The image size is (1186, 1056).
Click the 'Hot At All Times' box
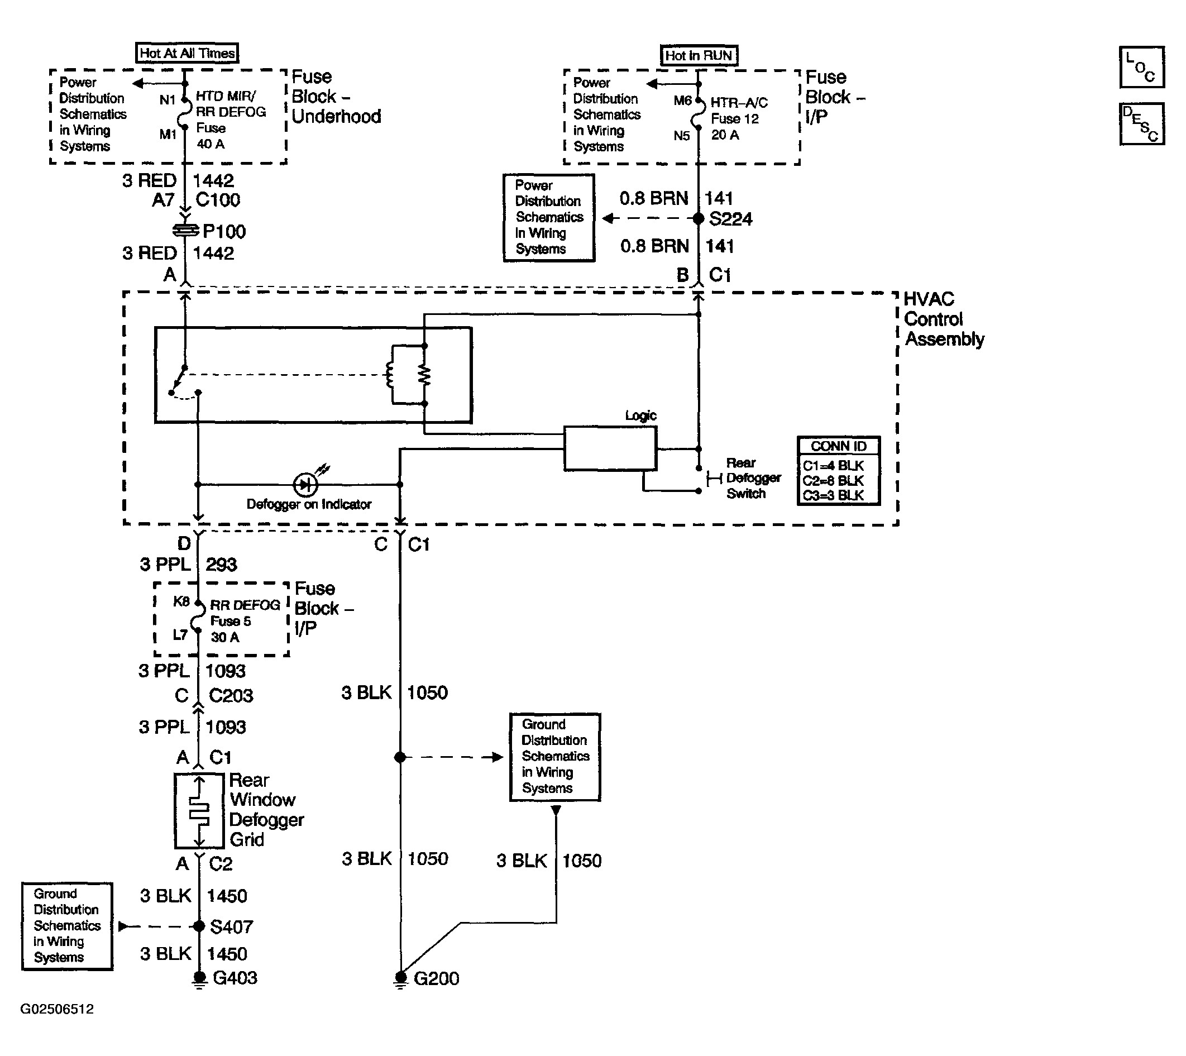pos(187,54)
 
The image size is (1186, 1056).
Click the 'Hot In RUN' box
pos(699,56)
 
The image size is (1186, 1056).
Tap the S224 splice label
pos(730,219)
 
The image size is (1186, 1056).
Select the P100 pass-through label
pos(224,232)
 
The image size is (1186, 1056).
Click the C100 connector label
pos(218,200)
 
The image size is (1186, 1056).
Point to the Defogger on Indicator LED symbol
pos(305,484)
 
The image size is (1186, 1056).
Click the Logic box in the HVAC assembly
pos(610,448)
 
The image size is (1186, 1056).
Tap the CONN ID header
pos(839,446)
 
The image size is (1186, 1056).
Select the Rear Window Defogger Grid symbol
pos(199,810)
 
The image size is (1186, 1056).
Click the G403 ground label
pos(235,978)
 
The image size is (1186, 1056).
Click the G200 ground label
pos(436,979)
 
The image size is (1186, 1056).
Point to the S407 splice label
pos(232,927)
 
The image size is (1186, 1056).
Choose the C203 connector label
pos(231,696)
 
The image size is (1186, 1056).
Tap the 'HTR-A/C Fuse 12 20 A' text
pos(739,119)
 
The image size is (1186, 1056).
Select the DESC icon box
pos(1142,123)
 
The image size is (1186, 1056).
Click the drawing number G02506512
pos(57,1009)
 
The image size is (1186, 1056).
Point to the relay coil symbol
pos(390,375)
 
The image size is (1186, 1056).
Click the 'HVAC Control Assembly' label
pos(944,319)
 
